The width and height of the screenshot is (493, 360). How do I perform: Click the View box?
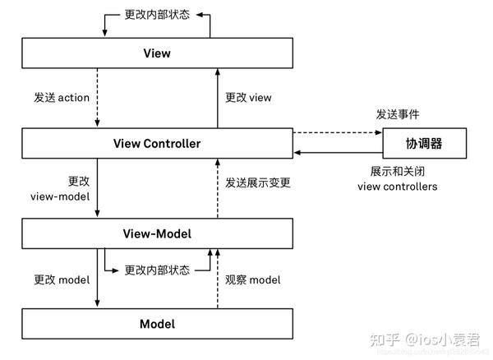[156, 53]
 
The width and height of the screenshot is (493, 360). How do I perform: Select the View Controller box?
[156, 144]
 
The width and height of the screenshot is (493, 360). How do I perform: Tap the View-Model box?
[156, 234]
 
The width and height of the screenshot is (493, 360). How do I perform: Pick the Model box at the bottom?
[156, 324]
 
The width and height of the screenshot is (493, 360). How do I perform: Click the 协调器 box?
[424, 144]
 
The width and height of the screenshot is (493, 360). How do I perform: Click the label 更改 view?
[248, 98]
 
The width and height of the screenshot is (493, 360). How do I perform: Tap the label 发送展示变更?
[258, 182]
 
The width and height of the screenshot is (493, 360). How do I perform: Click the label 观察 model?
[253, 280]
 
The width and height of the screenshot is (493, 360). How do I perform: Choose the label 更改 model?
[62, 280]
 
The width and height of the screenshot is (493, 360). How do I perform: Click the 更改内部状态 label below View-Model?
[157, 270]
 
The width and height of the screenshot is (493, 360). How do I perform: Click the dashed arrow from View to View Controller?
[98, 98]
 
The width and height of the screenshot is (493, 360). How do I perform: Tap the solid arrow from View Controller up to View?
[218, 98]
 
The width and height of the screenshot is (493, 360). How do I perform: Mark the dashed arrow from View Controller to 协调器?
[337, 132]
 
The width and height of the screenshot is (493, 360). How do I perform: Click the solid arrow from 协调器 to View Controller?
[337, 153]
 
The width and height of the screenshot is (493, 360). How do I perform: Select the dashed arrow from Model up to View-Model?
[218, 288]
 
